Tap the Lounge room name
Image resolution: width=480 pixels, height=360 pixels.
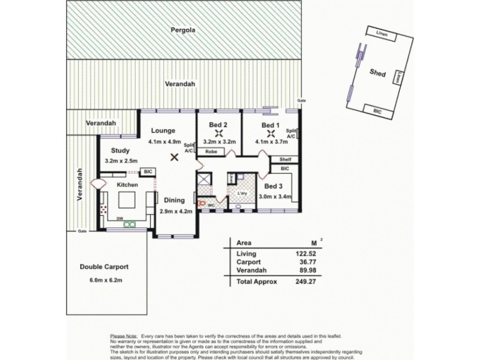[x=163, y=130]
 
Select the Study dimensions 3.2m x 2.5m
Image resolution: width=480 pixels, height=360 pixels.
[x=121, y=161]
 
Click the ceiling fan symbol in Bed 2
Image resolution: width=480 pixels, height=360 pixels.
[x=220, y=134]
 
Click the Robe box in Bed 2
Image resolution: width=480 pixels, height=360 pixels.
[x=211, y=152]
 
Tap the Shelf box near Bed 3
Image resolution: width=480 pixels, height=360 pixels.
[x=285, y=160]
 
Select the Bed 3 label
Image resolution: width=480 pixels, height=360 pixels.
[x=274, y=186]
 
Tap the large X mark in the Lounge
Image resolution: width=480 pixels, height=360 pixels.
[x=174, y=157]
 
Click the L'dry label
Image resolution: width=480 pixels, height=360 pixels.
[x=242, y=193]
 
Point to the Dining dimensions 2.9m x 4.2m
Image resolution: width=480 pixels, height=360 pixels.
[x=175, y=211]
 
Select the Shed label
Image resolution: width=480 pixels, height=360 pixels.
[x=377, y=74]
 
